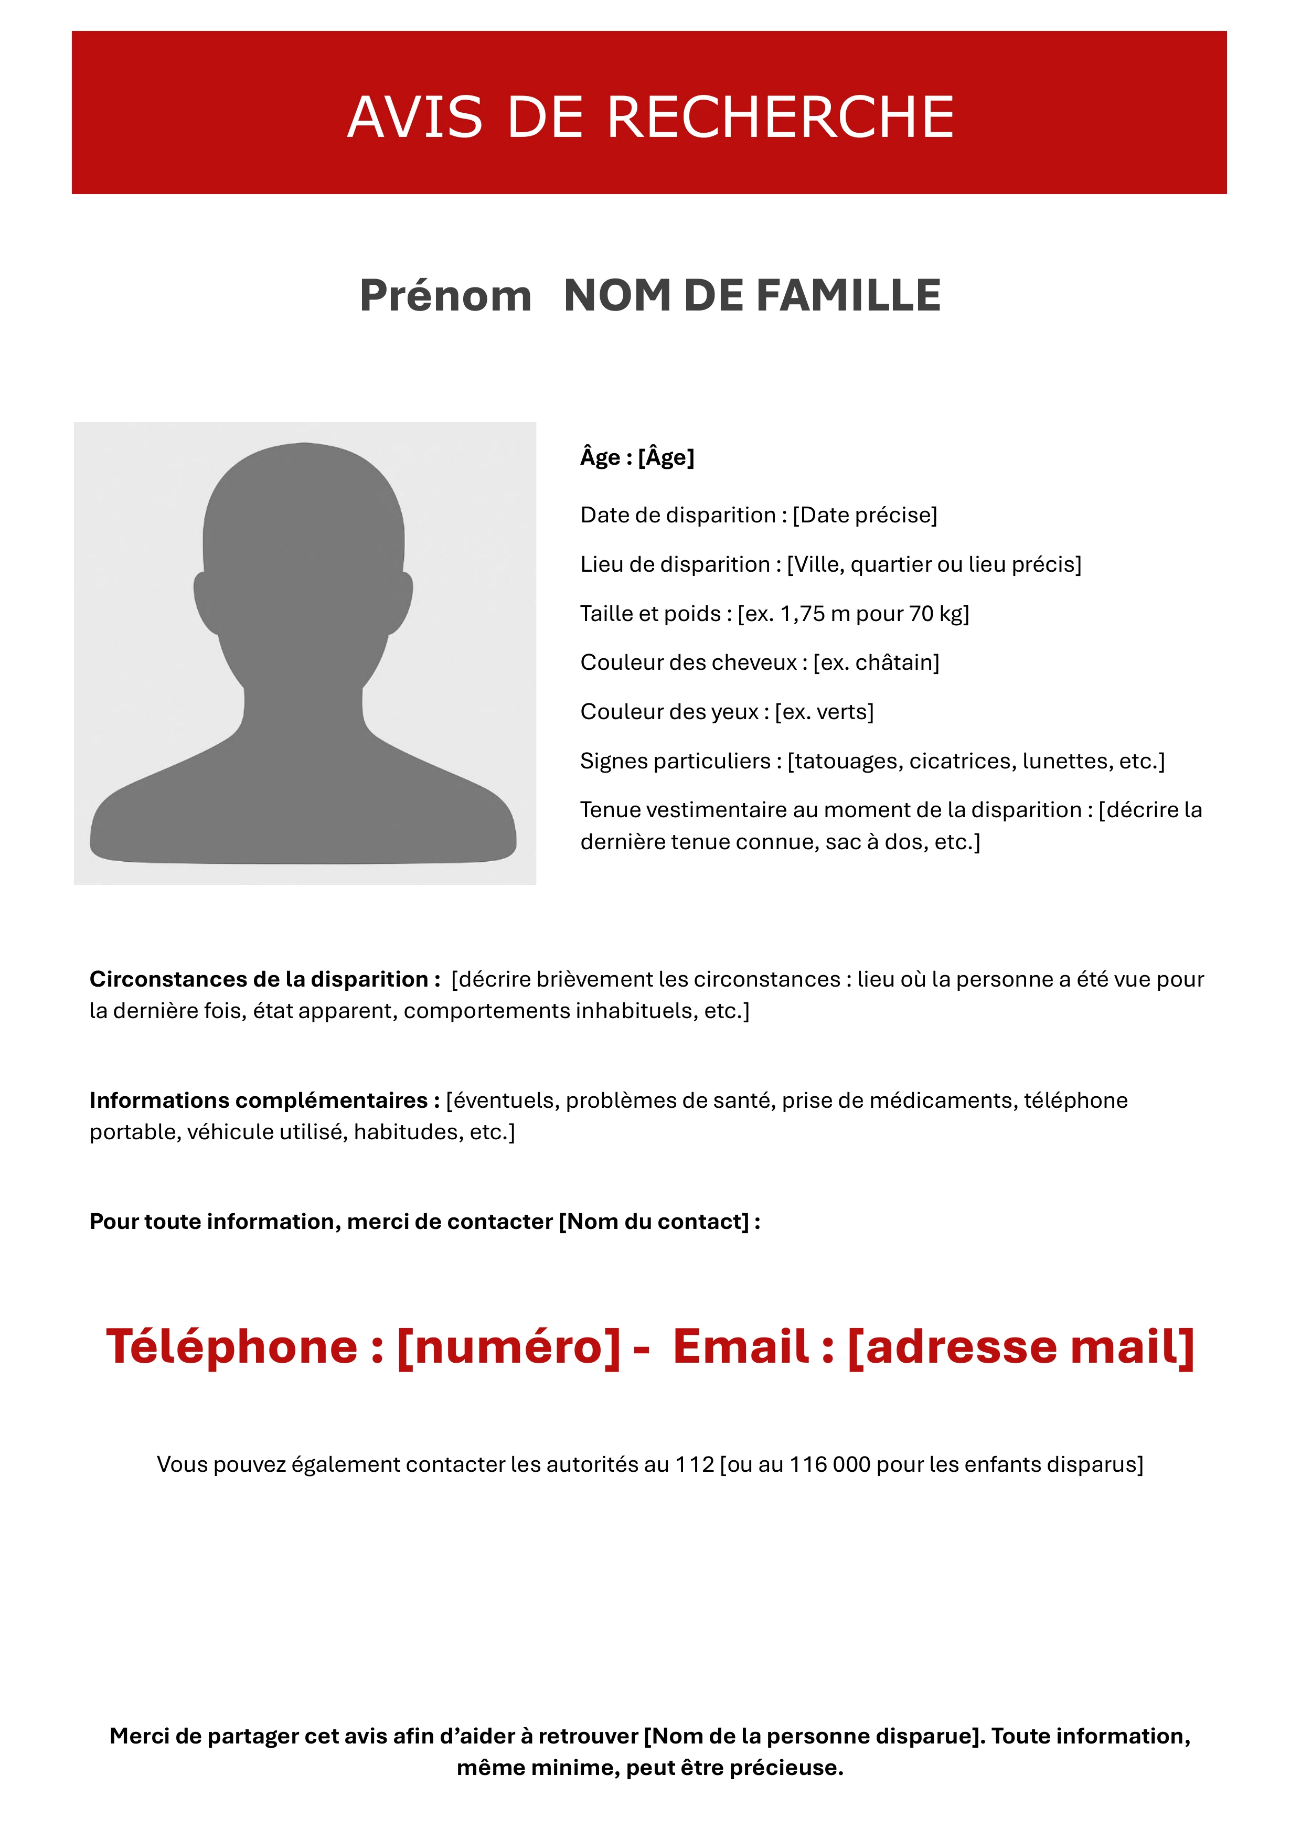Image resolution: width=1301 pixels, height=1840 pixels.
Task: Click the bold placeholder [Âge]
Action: [x=666, y=457]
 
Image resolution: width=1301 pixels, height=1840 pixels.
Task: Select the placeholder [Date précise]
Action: [x=865, y=515]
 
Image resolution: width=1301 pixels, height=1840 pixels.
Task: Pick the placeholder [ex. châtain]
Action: [x=876, y=663]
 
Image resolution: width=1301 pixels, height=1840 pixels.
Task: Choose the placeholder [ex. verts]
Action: [x=824, y=712]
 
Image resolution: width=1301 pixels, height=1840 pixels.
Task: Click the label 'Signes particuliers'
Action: [x=675, y=761]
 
